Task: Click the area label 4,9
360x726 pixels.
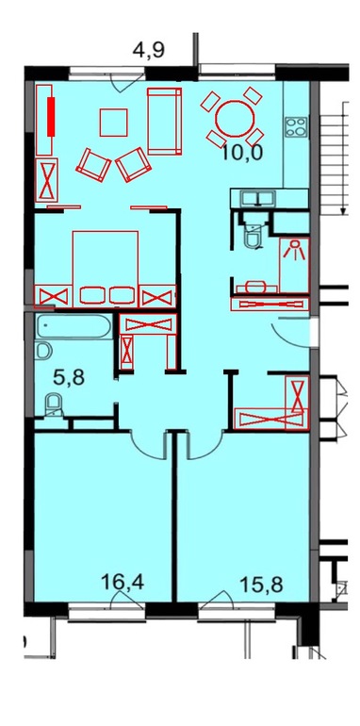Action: (x=149, y=50)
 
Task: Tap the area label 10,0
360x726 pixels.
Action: (x=242, y=152)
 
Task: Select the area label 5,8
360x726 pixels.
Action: (x=68, y=378)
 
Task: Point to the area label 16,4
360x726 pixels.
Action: (x=123, y=582)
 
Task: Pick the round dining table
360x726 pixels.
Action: (x=235, y=118)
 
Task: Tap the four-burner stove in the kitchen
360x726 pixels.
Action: (x=296, y=127)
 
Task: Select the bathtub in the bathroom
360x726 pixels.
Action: (x=74, y=326)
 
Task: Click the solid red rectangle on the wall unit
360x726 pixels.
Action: (x=51, y=116)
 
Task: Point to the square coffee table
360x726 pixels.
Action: (x=113, y=123)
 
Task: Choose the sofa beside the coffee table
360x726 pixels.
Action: (x=164, y=121)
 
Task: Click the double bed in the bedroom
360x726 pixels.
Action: (x=105, y=269)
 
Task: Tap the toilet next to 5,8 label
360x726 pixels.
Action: (x=54, y=404)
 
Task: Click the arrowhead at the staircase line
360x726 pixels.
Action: (x=343, y=210)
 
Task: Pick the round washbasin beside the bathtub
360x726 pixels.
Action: (x=42, y=350)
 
